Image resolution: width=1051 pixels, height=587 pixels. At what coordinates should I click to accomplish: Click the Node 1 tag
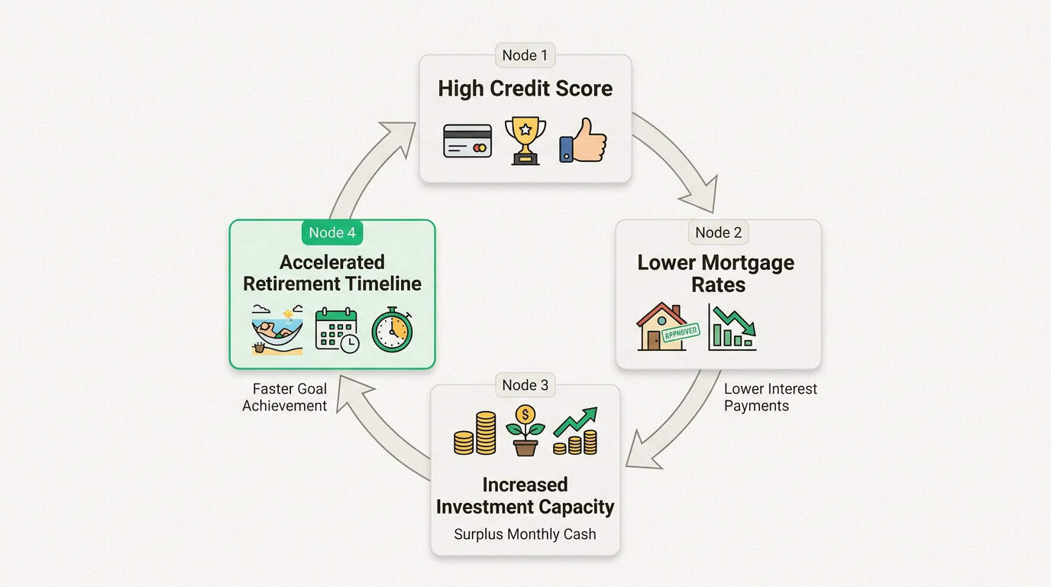pos(524,56)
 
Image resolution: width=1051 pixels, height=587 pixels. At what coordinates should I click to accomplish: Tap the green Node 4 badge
pos(331,232)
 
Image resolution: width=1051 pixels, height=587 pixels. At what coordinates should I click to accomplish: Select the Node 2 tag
pos(718,232)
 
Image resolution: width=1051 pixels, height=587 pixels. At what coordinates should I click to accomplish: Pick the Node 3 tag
pos(525,385)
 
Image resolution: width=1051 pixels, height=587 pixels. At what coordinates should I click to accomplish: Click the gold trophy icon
pos(525,141)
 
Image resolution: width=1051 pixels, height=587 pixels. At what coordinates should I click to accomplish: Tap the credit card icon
pos(467,141)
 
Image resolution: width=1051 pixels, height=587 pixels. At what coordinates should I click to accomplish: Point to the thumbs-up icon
pos(583,141)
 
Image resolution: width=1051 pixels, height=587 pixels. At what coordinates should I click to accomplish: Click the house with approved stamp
pos(661,327)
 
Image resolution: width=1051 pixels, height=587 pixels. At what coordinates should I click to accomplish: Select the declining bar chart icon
pos(732,327)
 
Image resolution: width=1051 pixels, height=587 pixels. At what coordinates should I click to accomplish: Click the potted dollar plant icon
pos(525,430)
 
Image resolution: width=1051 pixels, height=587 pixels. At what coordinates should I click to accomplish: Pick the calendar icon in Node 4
pos(337,330)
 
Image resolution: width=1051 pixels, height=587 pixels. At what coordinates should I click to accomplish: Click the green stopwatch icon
pos(392,329)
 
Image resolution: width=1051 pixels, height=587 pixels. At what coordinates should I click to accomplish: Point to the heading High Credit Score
pos(525,89)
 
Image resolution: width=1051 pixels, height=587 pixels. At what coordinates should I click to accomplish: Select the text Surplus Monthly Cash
pos(525,534)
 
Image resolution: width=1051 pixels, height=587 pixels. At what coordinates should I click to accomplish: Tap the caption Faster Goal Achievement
pos(284,397)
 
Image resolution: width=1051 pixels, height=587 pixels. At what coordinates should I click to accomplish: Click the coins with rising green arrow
pos(576,432)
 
